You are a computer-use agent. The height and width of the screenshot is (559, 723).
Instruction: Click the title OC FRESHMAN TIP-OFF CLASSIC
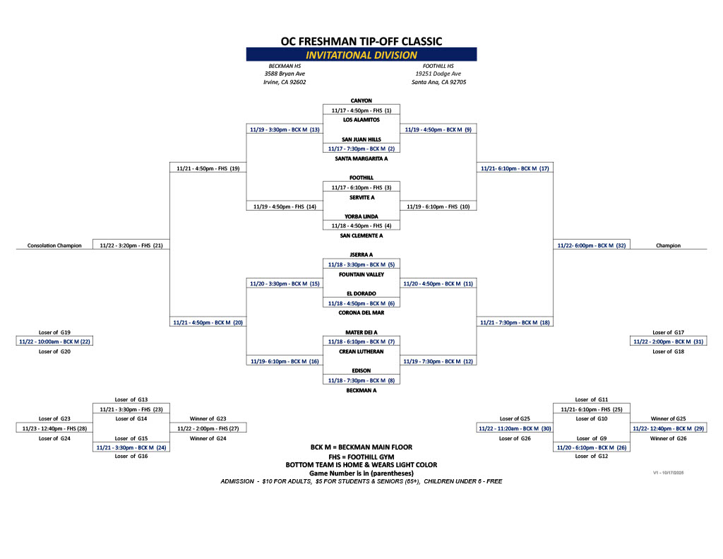tap(361, 41)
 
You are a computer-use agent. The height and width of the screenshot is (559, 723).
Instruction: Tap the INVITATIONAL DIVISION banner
tap(361, 55)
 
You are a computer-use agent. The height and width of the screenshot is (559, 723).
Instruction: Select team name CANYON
tap(361, 101)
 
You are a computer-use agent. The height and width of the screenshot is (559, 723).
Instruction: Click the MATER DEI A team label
tap(361, 332)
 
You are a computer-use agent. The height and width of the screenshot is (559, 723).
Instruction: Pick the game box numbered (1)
tap(361, 110)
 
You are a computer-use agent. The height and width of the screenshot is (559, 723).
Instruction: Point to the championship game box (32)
tap(592, 246)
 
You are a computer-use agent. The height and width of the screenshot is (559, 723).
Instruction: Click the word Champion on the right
tap(668, 246)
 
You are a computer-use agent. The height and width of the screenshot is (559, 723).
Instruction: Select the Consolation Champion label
tap(54, 246)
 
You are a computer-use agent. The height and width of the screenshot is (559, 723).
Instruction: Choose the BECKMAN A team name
tap(361, 390)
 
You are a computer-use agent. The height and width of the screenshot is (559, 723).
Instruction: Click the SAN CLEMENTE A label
tap(361, 236)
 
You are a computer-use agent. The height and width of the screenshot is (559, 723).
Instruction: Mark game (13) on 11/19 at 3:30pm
tap(285, 130)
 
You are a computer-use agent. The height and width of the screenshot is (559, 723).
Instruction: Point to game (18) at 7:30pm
tap(515, 323)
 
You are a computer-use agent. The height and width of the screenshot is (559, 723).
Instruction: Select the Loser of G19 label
tap(54, 332)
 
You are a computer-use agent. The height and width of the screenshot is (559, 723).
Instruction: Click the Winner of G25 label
tap(668, 419)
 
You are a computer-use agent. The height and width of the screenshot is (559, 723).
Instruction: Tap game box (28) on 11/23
tap(54, 429)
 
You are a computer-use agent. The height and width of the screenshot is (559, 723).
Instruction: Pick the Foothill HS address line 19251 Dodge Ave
tap(438, 73)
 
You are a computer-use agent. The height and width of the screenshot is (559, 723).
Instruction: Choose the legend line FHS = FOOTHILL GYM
tap(361, 457)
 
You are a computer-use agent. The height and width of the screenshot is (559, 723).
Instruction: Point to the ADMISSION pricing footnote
tap(361, 481)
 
